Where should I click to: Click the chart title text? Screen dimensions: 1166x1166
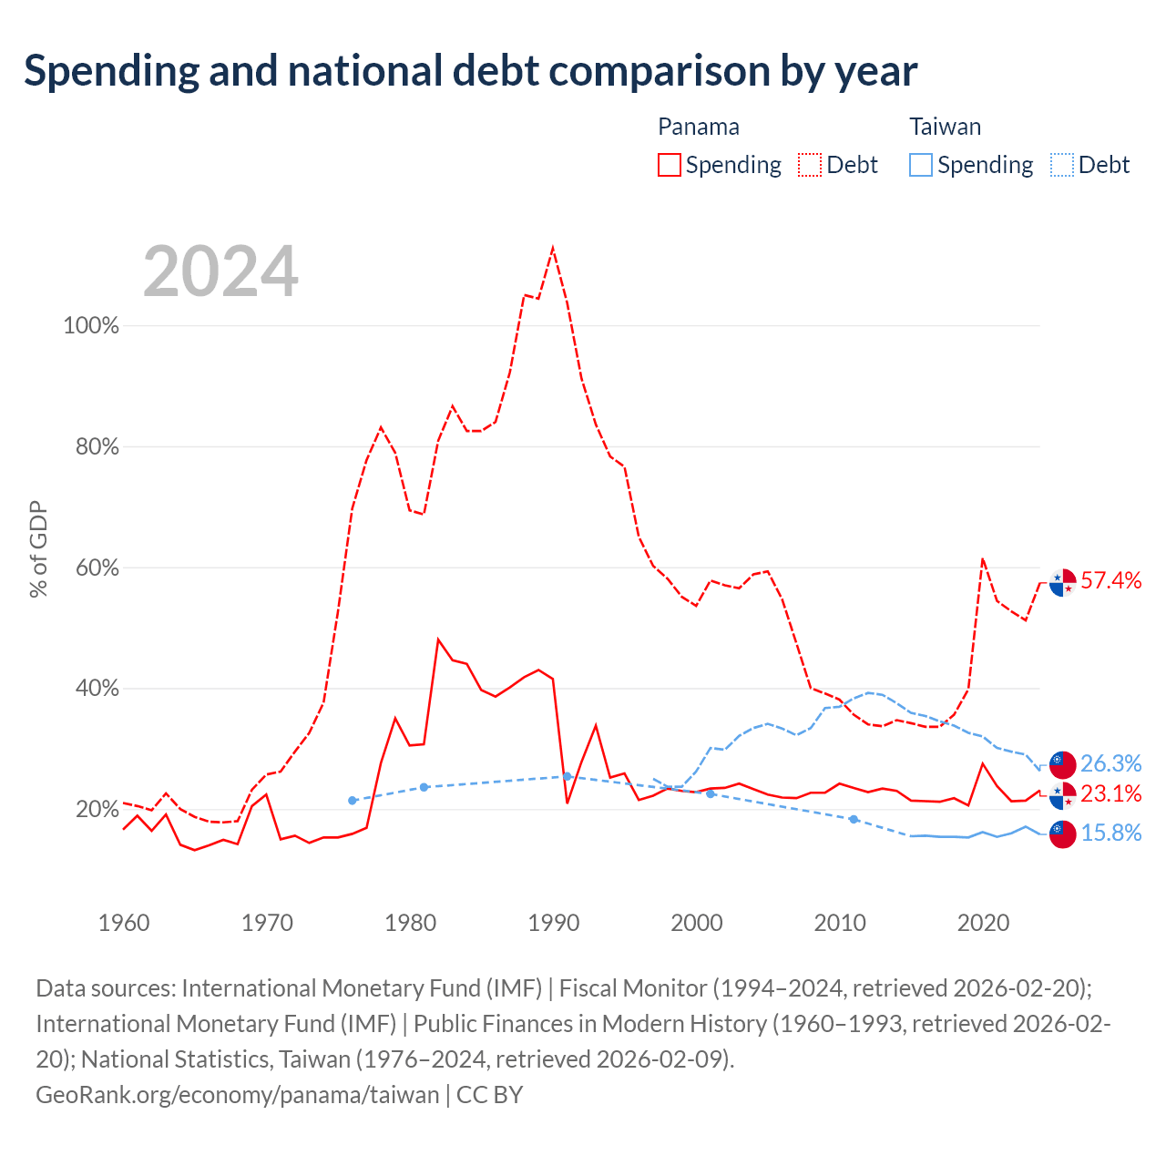coord(470,71)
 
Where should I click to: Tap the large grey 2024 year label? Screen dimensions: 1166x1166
coord(220,271)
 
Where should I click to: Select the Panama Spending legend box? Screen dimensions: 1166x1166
coord(670,165)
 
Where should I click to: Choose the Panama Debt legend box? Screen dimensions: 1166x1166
coord(810,165)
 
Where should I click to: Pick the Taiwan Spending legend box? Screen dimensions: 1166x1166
coord(920,165)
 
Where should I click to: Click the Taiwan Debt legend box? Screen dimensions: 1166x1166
coord(1061,165)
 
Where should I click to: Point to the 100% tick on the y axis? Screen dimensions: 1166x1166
coord(91,325)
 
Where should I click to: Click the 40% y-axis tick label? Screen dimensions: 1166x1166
coord(97,688)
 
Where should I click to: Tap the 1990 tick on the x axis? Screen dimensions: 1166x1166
coord(554,923)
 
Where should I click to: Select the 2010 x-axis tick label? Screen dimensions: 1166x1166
coord(840,923)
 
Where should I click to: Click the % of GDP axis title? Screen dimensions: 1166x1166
coord(38,548)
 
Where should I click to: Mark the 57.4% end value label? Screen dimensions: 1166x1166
coord(1111,580)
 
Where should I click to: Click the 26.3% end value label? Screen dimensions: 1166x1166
coord(1111,763)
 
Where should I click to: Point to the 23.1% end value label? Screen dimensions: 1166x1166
coord(1111,793)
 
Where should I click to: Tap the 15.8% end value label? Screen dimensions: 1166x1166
coord(1111,833)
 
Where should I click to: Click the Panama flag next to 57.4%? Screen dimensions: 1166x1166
coord(1062,583)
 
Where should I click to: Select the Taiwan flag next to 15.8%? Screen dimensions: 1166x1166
coord(1062,834)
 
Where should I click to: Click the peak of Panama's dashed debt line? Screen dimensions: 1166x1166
coord(552,247)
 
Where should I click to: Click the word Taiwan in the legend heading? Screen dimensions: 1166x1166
coord(946,127)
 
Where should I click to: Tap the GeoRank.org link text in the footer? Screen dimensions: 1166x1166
coord(237,1095)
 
